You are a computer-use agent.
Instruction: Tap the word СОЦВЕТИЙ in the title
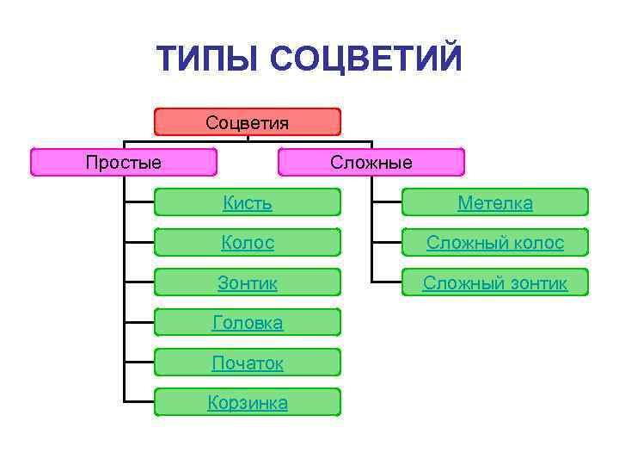[x=366, y=59]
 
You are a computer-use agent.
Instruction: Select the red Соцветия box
[x=248, y=121]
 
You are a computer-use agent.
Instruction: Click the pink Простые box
[x=124, y=162]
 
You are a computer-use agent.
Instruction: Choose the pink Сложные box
[x=371, y=162]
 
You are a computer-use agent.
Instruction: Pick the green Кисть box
[x=248, y=202]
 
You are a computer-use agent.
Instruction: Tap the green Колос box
[x=248, y=242]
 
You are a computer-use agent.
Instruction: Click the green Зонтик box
[x=248, y=282]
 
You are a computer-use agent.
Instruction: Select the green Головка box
[x=248, y=322]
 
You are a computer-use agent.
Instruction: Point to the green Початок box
[x=248, y=362]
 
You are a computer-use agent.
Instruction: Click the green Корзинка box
[x=248, y=402]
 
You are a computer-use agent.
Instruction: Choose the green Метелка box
[x=494, y=202]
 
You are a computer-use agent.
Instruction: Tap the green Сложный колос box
[x=494, y=242]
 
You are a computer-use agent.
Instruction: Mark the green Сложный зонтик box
[x=494, y=282]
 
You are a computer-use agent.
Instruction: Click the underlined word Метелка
[x=494, y=203]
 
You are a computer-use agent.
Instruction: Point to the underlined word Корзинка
[x=248, y=403]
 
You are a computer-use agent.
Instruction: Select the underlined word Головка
[x=248, y=323]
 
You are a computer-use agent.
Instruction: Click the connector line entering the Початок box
[x=139, y=362]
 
